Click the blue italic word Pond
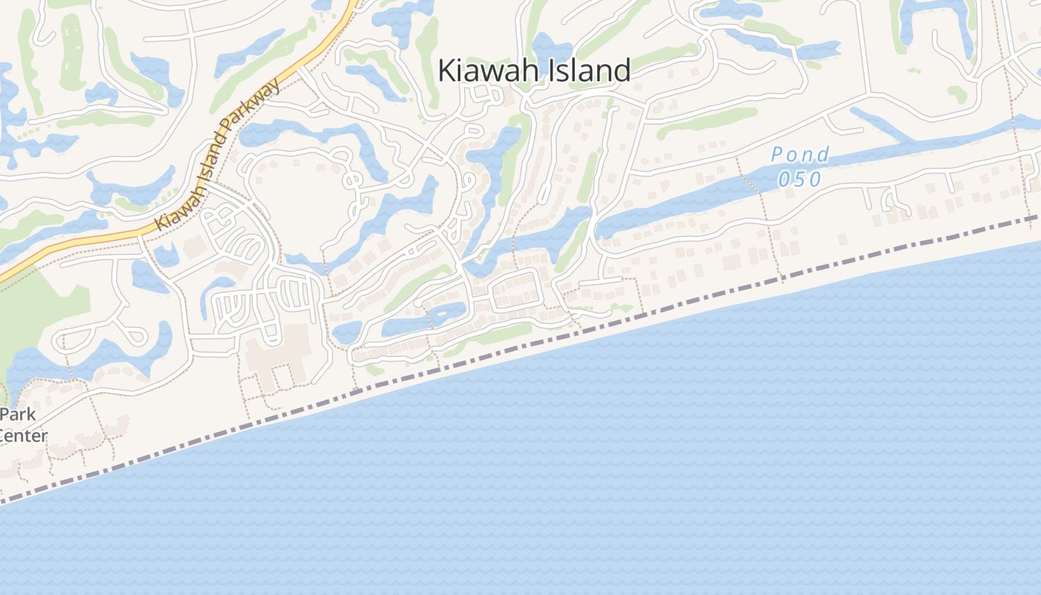(800, 155)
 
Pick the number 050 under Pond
(800, 179)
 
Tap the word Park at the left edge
(18, 415)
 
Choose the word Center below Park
(22, 436)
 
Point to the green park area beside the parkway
(37, 320)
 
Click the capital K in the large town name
(447, 71)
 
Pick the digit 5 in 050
(800, 179)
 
